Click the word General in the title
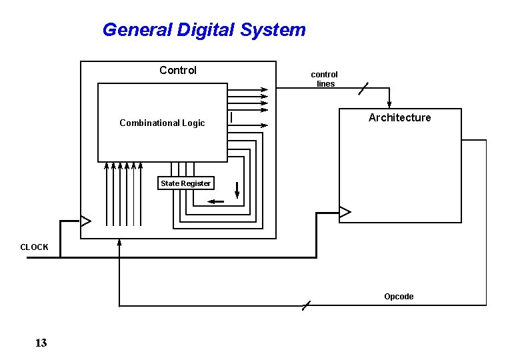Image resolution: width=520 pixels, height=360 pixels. [137, 30]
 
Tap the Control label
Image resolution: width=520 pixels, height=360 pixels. [178, 70]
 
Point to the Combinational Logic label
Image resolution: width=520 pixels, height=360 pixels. [162, 123]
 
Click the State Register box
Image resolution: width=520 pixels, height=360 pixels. [185, 183]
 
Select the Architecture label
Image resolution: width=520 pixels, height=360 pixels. [400, 118]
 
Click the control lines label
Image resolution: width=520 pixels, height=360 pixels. [325, 79]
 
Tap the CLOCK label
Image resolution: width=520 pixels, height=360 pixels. [34, 247]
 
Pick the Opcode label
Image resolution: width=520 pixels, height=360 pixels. [399, 297]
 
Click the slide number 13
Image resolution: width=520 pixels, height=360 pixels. [41, 343]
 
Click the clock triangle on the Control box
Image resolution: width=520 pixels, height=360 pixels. [85, 220]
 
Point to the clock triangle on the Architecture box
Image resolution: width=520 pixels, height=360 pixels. [345, 213]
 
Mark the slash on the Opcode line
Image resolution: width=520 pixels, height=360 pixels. [305, 306]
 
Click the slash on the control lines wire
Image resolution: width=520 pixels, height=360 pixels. [363, 89]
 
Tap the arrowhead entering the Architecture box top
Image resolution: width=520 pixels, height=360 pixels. [390, 103]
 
